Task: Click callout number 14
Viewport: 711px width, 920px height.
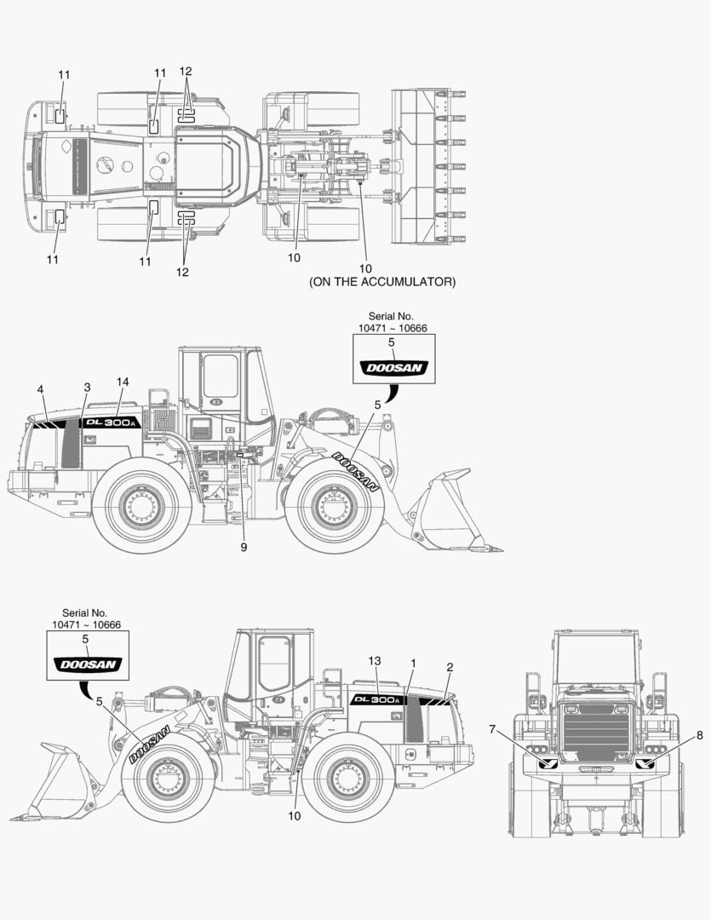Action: (124, 382)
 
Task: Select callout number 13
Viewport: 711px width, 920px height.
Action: (374, 661)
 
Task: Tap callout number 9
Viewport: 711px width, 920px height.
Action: (244, 547)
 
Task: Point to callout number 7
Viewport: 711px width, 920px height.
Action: (492, 729)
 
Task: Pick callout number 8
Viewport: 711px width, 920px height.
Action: (700, 734)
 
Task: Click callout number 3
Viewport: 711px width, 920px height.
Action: (87, 388)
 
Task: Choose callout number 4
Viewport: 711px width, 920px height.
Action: (40, 389)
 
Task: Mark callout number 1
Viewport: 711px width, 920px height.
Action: (413, 662)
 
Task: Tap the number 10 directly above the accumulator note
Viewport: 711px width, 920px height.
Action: (366, 268)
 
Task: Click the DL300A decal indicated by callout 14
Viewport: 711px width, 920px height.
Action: (110, 423)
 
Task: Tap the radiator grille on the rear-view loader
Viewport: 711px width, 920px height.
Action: (596, 737)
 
